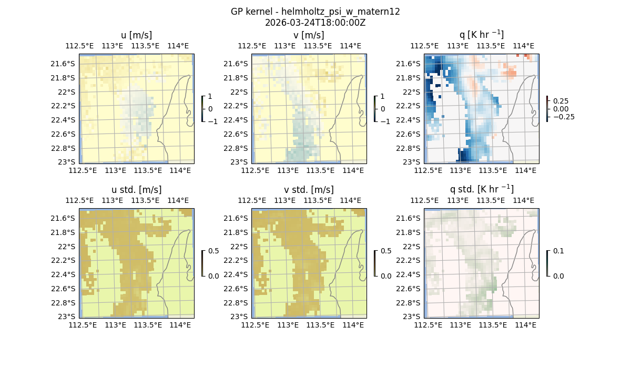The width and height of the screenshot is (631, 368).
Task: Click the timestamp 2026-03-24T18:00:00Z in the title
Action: (x=315, y=23)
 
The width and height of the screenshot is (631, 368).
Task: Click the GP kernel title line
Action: (x=315, y=12)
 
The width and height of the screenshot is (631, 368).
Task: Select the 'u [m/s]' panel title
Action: (x=136, y=35)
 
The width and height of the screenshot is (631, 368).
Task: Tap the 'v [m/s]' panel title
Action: (x=309, y=35)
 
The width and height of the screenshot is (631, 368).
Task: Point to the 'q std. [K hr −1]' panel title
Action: (x=481, y=189)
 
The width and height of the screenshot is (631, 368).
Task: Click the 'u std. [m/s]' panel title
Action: (x=136, y=190)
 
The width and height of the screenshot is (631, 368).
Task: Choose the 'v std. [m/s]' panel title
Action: (x=309, y=190)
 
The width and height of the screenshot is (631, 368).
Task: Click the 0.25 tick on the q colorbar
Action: (x=560, y=101)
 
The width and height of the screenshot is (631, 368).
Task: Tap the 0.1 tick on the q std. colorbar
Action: (x=557, y=251)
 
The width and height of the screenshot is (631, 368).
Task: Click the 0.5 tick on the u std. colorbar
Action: (x=213, y=251)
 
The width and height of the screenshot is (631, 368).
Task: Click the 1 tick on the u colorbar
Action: (x=210, y=96)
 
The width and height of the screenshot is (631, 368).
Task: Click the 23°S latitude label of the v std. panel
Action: (x=238, y=316)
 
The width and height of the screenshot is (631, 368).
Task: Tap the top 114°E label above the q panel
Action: (x=523, y=46)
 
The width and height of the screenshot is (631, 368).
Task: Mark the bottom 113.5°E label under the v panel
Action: (x=320, y=171)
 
